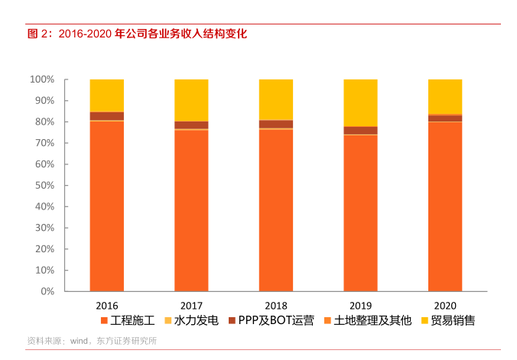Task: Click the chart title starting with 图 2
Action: [137, 34]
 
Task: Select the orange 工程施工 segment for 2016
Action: [106, 206]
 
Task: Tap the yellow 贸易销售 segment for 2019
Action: [360, 102]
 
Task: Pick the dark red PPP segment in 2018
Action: [276, 124]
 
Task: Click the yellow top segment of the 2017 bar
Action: [191, 100]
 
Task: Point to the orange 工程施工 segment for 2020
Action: [444, 206]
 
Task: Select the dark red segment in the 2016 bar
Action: [106, 116]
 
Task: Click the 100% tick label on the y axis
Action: [41, 79]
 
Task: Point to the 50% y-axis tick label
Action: [44, 186]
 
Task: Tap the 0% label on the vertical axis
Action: [47, 291]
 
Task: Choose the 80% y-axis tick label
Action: [44, 122]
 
